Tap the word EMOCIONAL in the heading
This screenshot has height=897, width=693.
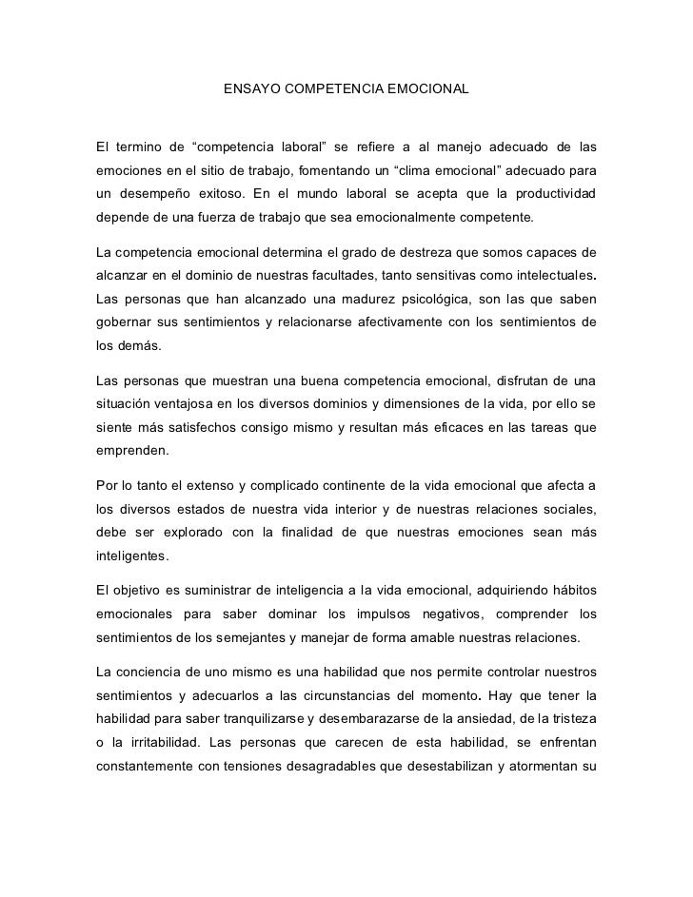[x=428, y=89]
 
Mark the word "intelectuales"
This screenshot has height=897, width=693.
[x=547, y=276]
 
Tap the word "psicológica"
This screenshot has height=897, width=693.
[x=404, y=300]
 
